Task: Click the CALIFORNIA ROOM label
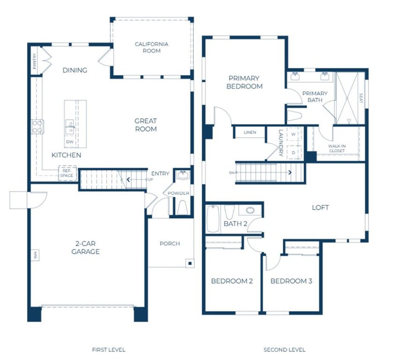(151, 47)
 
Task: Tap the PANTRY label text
(35, 61)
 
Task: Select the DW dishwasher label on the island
(70, 142)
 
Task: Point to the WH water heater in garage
(35, 255)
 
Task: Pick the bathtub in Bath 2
(213, 218)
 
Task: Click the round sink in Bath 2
(250, 210)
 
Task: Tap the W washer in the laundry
(294, 134)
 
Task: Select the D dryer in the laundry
(294, 152)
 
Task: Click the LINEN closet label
(250, 133)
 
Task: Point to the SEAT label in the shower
(361, 98)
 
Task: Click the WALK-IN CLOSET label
(337, 149)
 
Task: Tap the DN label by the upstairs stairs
(231, 173)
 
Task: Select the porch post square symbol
(190, 263)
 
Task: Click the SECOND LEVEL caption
(284, 350)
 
